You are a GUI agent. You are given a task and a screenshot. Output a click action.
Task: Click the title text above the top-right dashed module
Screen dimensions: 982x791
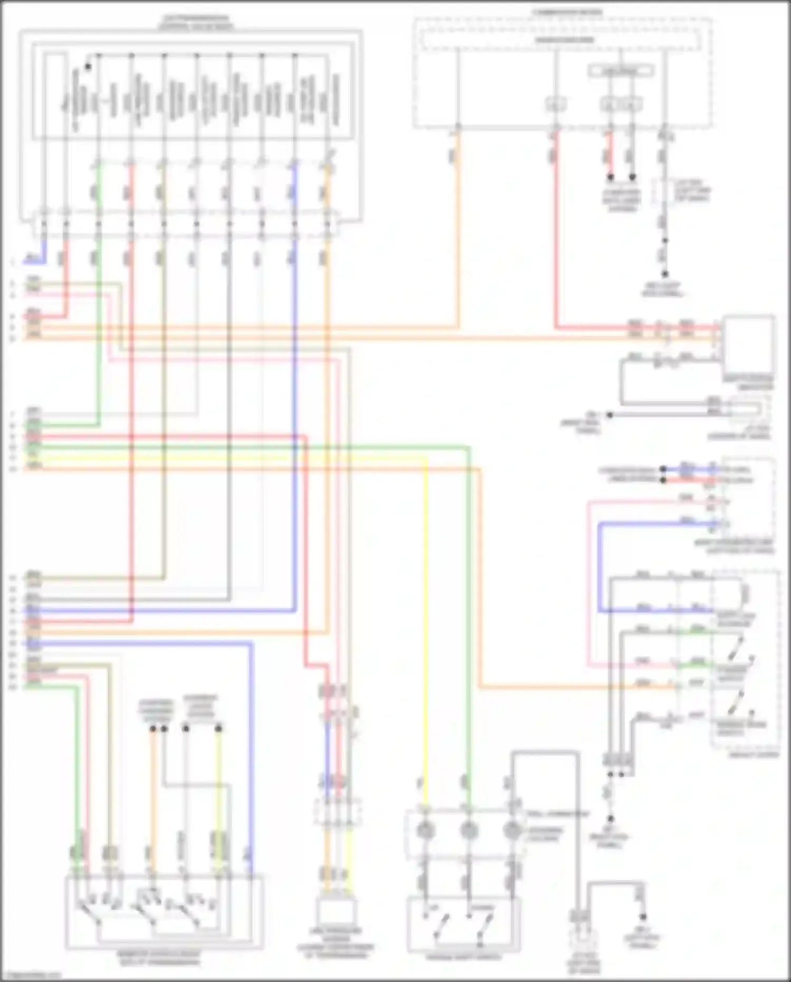coord(567,12)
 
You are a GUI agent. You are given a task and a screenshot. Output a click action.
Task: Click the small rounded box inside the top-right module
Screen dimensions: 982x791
coord(621,70)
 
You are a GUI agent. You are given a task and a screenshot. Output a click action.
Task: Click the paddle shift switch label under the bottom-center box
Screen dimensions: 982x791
coord(464,956)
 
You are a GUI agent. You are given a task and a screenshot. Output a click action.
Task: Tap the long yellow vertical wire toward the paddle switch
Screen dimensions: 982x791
coord(426,633)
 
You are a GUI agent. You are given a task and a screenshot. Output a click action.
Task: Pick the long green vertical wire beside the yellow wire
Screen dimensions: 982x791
coord(468,633)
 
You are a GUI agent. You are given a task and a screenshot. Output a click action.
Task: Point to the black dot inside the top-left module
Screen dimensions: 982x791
coord(88,67)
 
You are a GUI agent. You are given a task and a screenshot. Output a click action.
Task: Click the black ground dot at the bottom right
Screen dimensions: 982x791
coord(643,917)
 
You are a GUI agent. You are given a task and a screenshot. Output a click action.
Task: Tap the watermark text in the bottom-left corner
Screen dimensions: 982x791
coord(32,975)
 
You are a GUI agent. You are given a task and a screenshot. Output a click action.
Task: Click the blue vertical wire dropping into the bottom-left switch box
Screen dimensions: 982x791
coord(250,765)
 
